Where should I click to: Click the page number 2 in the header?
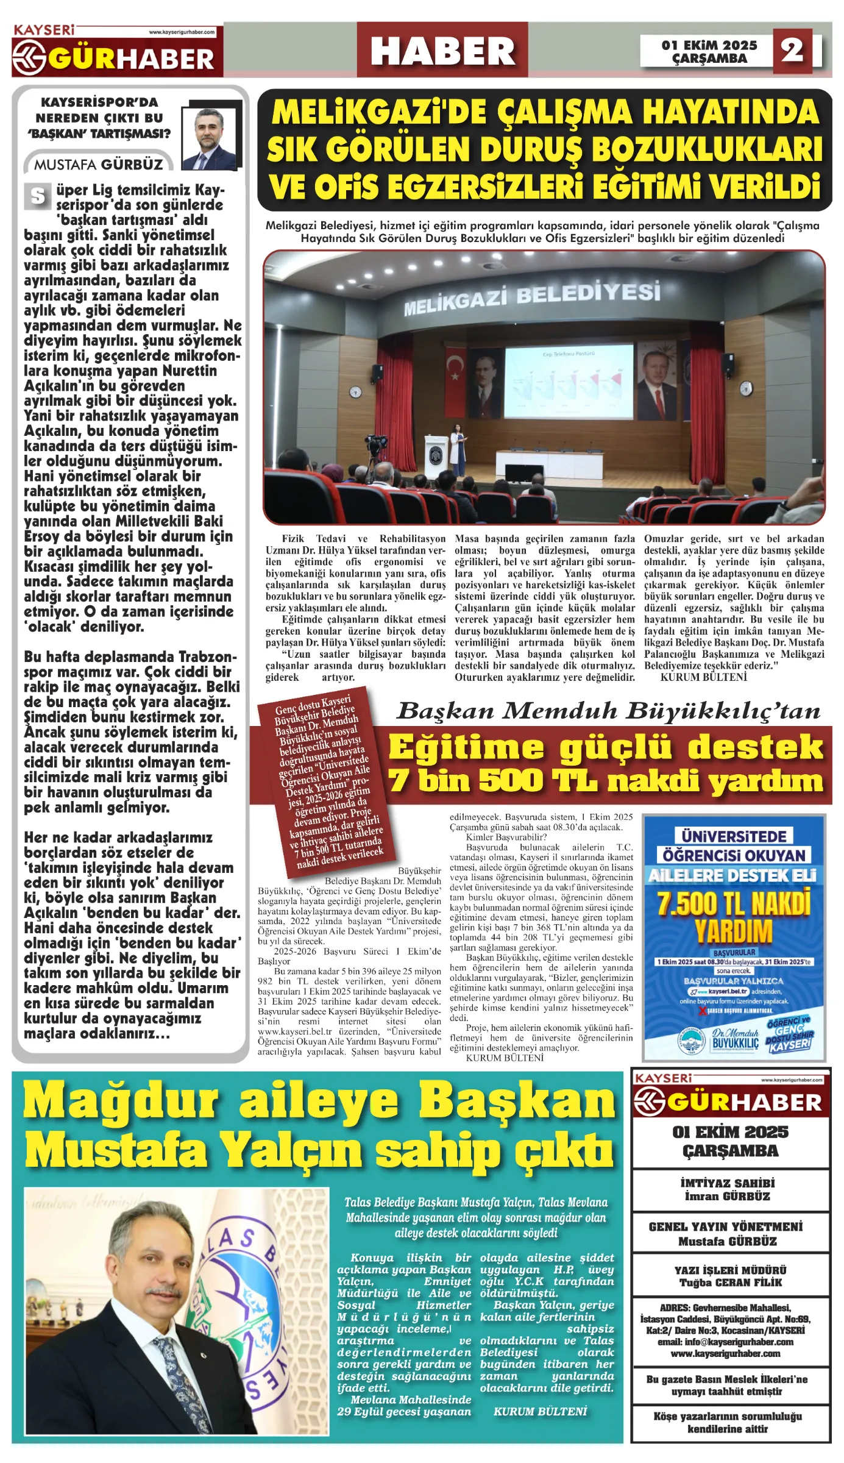(x=792, y=50)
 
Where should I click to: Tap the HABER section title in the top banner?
(x=442, y=51)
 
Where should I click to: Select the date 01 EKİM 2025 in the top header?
(x=709, y=45)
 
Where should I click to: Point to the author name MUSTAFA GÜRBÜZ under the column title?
(x=99, y=165)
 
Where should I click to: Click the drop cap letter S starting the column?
(x=38, y=196)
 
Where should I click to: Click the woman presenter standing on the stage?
(x=457, y=450)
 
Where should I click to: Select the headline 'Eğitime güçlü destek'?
(x=605, y=747)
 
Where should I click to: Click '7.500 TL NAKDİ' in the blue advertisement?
(x=734, y=904)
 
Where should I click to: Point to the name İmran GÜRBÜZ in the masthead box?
(x=727, y=1196)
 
